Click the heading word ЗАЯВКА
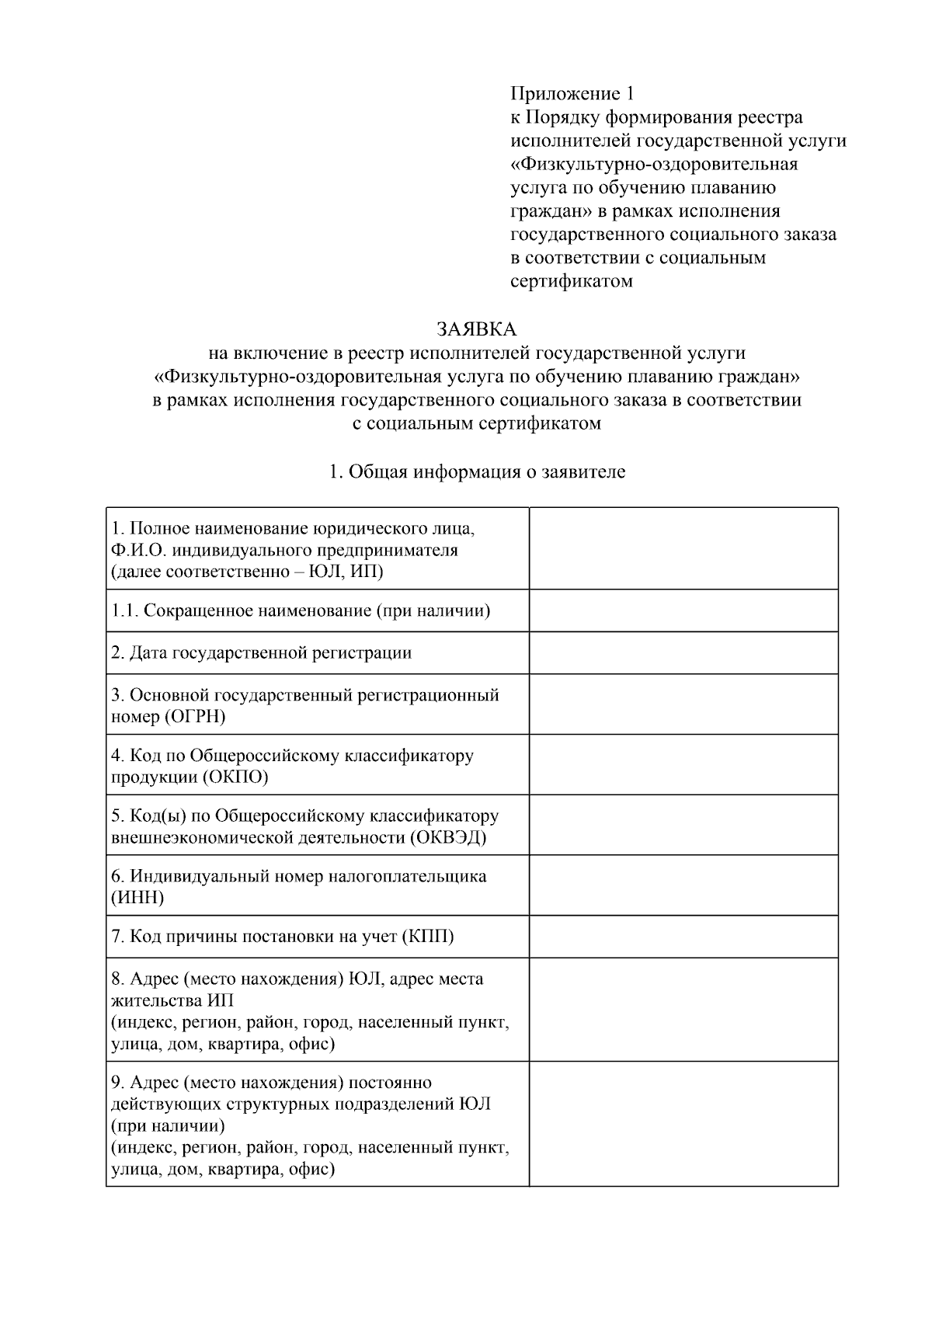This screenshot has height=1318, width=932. point(476,329)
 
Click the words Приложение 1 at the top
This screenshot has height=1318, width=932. point(572,94)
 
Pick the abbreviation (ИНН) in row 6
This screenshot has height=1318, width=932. point(137,898)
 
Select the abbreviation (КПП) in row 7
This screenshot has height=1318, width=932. point(428,936)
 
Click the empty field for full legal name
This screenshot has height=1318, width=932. point(683,548)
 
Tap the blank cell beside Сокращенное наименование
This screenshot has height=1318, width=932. point(683,610)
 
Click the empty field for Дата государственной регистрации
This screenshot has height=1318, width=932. point(683,652)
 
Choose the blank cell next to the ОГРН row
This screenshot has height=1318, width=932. point(683,704)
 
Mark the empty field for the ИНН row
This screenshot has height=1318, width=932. point(683,885)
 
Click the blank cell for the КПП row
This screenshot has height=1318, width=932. point(683,936)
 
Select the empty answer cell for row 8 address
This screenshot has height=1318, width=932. point(683,1010)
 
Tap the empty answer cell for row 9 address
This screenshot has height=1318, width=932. point(683,1124)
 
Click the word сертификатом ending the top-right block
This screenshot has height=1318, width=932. point(571,281)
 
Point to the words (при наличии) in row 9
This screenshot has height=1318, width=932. point(168,1125)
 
